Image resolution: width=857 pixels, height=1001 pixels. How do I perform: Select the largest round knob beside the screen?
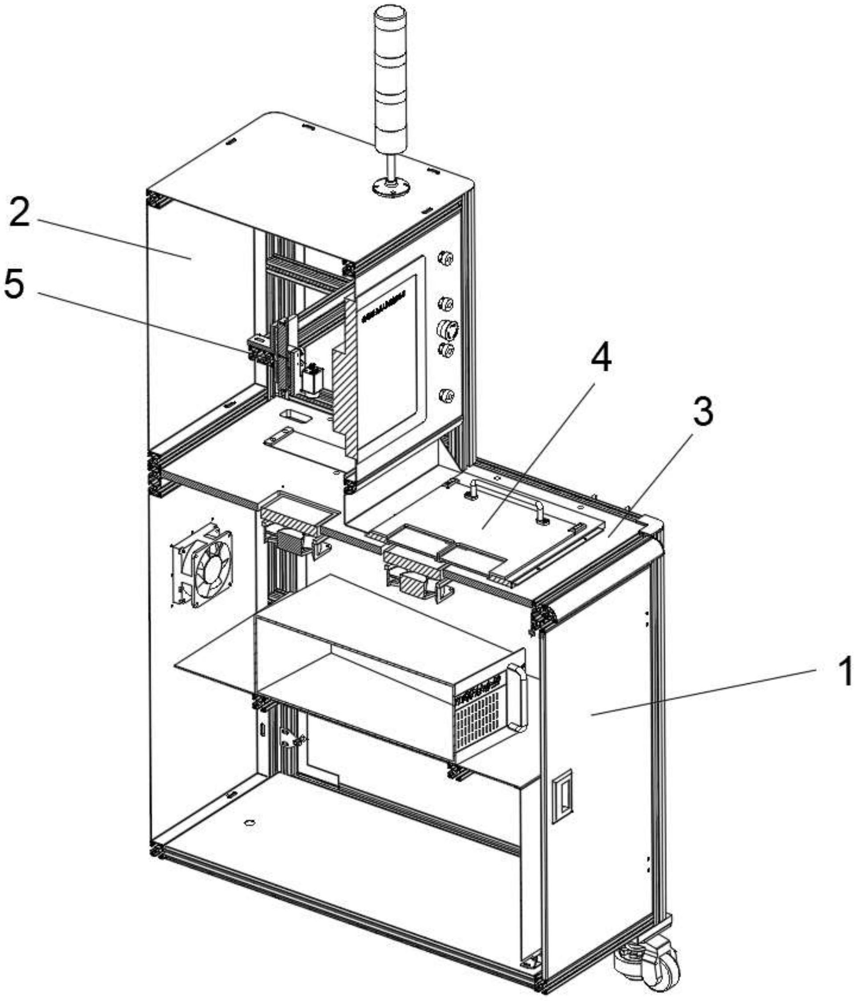click(447, 330)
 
